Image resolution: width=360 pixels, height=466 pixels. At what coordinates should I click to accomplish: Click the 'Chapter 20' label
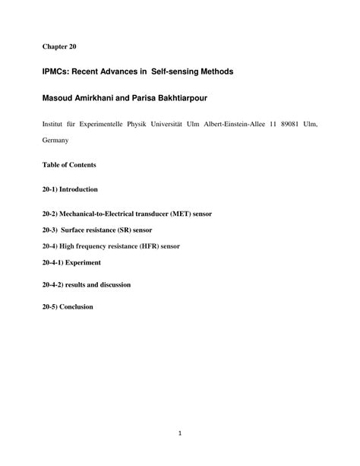coord(59,46)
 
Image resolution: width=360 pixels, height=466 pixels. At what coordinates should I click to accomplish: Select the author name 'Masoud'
coord(60,98)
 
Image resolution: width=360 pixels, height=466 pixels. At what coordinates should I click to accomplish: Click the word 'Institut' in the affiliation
coord(55,123)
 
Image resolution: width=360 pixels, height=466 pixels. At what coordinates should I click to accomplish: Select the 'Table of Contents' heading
coord(69,165)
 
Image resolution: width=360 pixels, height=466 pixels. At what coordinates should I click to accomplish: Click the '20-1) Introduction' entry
coord(71,189)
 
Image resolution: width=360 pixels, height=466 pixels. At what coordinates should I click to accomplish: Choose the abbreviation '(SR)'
coord(128,230)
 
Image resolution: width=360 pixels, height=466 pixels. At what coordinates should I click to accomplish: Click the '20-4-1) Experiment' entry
coord(72,262)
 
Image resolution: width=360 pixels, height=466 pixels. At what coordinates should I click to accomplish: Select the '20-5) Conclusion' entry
coord(68,307)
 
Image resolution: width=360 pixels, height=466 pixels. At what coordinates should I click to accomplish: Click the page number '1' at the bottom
coord(179,436)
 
